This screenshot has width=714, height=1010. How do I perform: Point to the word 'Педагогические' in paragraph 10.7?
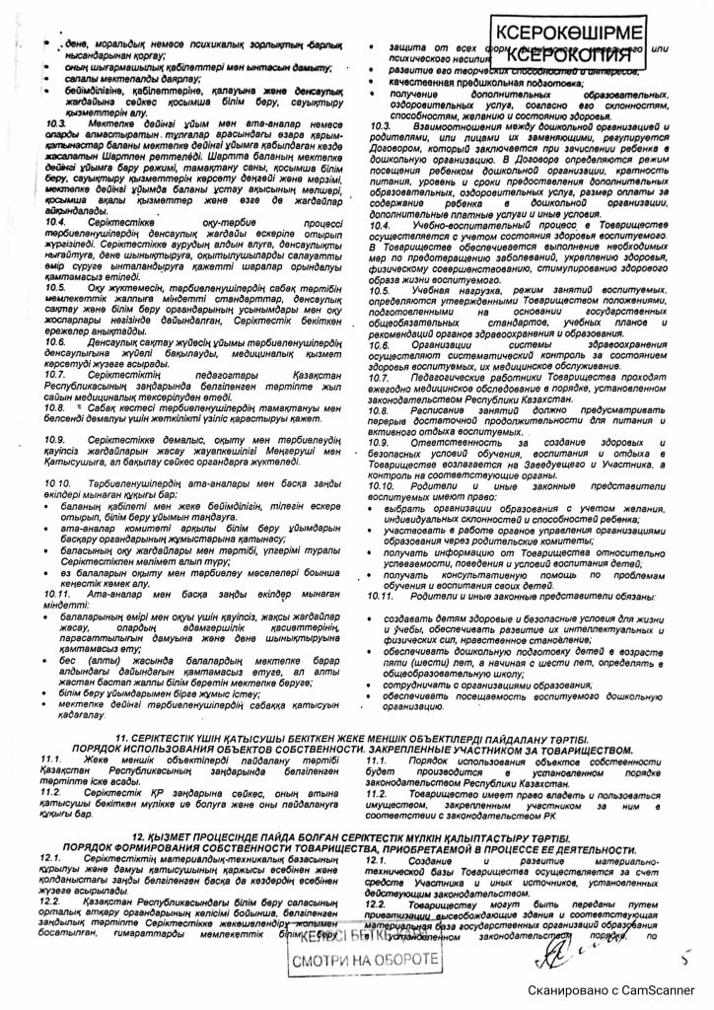pos(447,377)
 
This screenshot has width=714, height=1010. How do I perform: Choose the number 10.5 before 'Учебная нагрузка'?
pos(379,292)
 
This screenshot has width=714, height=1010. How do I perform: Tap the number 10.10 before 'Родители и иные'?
pos(381,486)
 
